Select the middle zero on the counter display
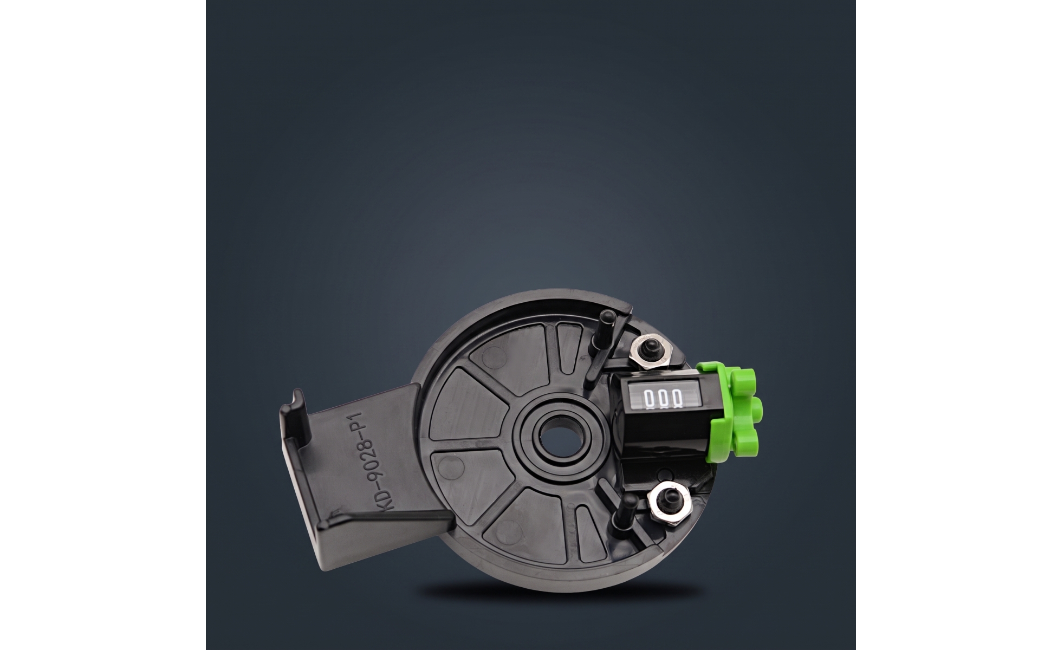tap(663, 398)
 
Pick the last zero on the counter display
tap(676, 398)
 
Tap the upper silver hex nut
tap(652, 355)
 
